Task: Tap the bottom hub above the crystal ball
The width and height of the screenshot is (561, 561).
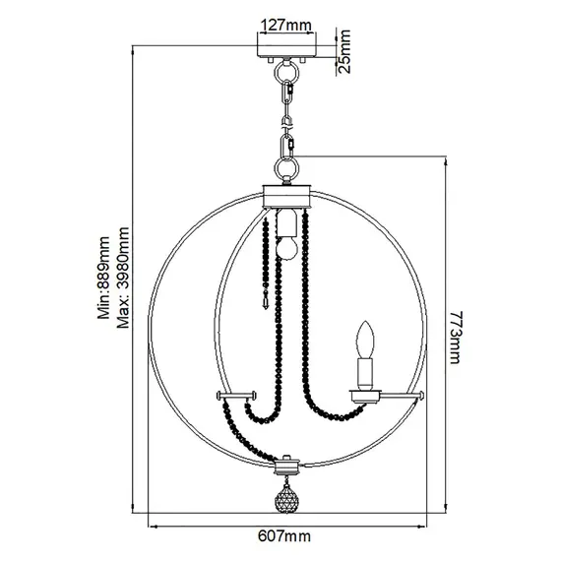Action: click(286, 461)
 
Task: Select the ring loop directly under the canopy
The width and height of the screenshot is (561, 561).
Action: click(286, 74)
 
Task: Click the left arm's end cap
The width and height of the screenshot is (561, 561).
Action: click(221, 396)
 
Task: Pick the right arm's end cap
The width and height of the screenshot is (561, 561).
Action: click(420, 397)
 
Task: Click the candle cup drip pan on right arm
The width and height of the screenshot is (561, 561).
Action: click(364, 395)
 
